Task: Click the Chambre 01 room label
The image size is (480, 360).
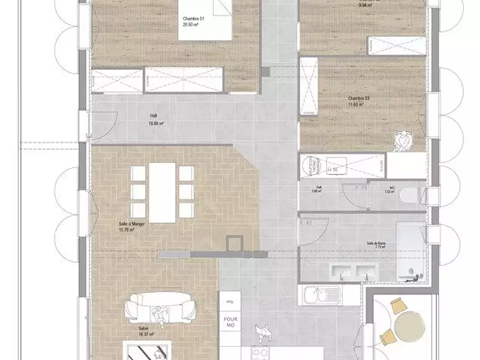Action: (194, 19)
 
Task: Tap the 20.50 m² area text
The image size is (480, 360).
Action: (194, 25)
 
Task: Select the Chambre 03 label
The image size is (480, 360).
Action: (359, 98)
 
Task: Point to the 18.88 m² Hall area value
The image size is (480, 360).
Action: (156, 124)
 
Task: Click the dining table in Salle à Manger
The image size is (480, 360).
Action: (162, 190)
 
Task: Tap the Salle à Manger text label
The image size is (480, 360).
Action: (132, 223)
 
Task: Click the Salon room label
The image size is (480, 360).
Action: (143, 328)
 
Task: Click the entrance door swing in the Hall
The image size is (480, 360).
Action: (103, 124)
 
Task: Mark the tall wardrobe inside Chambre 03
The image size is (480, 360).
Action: (309, 86)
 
